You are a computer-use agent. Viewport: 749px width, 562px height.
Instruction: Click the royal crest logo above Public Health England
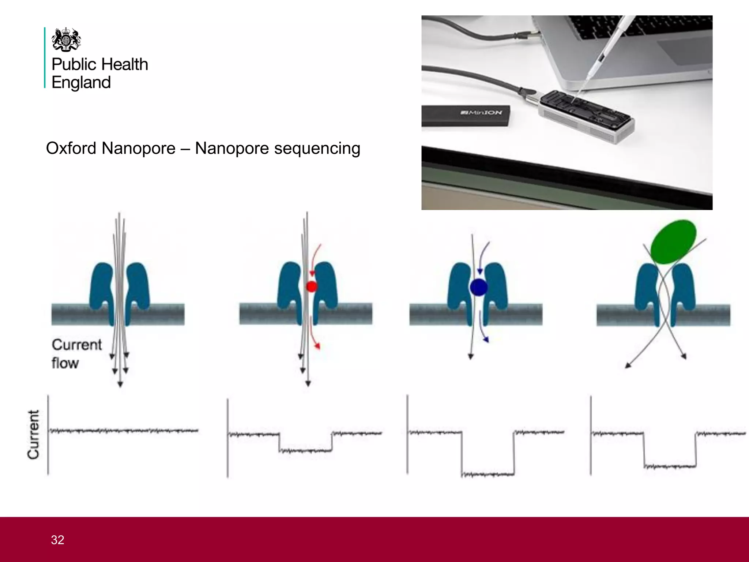tap(66, 40)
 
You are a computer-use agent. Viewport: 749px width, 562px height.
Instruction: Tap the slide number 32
tap(57, 540)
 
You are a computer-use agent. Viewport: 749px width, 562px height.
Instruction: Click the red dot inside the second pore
tap(311, 286)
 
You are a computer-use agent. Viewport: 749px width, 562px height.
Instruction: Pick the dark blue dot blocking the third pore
tap(478, 288)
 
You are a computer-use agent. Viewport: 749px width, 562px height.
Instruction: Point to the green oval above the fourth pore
tap(673, 241)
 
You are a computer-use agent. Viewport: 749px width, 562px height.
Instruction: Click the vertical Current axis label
tap(33, 434)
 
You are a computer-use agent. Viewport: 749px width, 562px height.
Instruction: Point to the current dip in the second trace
tap(305, 450)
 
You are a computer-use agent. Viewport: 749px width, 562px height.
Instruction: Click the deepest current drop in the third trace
tap(488, 475)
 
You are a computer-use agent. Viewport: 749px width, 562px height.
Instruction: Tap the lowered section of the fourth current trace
tap(670, 467)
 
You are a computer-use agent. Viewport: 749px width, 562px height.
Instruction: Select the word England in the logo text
tap(81, 83)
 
